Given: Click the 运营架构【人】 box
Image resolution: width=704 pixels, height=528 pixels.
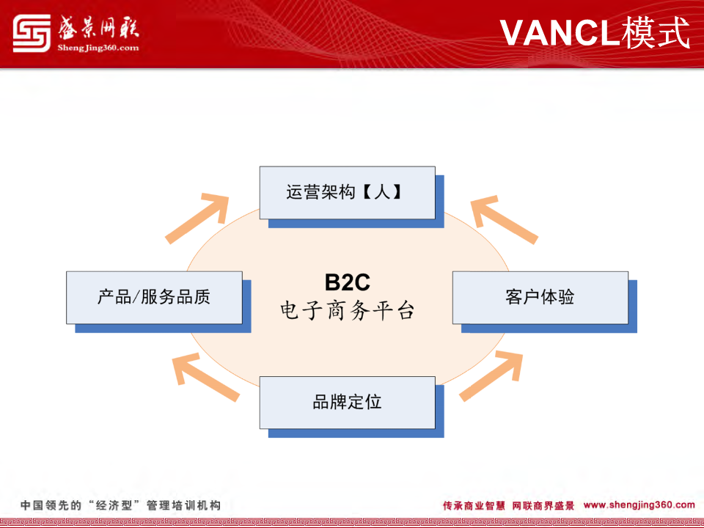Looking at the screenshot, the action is click(347, 193).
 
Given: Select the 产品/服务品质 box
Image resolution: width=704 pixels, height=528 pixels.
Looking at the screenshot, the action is click(154, 297).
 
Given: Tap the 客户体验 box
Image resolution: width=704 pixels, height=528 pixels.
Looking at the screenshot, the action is click(540, 297).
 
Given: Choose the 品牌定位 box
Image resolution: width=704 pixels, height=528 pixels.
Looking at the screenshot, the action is click(347, 403).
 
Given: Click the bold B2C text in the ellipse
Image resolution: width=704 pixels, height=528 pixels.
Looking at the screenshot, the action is click(347, 282).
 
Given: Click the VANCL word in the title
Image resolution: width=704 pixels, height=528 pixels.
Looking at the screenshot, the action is click(560, 32).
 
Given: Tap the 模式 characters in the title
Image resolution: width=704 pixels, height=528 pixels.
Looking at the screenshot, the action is click(656, 32).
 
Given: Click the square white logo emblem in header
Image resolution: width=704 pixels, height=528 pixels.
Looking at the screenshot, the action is click(32, 33).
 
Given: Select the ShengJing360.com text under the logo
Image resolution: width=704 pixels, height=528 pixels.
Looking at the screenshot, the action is click(98, 48).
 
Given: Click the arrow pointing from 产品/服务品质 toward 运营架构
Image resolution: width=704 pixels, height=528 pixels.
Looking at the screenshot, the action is click(197, 219).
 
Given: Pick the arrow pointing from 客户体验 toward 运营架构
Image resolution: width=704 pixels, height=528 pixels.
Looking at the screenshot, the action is click(504, 219).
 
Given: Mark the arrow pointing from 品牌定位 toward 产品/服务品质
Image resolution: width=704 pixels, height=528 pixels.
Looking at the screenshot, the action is click(205, 377).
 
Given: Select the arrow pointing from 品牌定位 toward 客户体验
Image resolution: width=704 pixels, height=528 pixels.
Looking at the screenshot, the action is click(491, 376).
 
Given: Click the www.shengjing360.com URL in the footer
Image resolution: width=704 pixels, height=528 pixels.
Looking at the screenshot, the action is click(639, 505).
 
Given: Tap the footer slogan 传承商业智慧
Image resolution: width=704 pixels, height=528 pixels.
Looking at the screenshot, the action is click(474, 505).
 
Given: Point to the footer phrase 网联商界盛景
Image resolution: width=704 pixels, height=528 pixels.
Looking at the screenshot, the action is click(543, 505).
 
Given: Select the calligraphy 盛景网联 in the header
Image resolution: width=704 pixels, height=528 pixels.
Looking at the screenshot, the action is click(98, 28).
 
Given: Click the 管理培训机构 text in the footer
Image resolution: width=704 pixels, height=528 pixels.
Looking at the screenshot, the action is click(183, 505).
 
